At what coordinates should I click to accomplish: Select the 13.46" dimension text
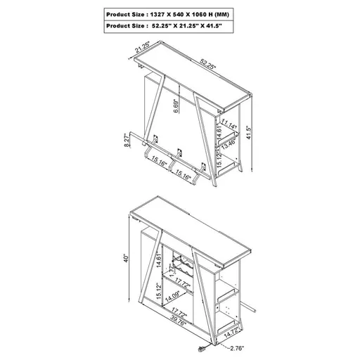tap(229, 146)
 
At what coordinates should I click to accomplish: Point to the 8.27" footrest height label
tap(127, 142)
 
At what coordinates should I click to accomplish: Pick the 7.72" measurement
tap(171, 269)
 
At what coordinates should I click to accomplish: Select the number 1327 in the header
tap(165, 13)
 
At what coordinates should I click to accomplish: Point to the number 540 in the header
tap(187, 13)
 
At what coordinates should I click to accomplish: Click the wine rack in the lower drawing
tap(181, 268)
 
